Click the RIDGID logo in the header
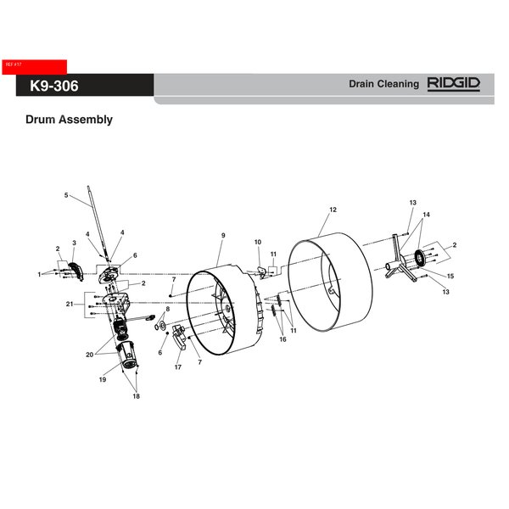pos(454,84)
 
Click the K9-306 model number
pos(54,86)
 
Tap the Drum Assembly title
pos(70,120)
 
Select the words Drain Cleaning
pos(384,84)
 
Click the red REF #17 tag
pos(35,67)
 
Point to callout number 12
pos(333,210)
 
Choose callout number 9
pos(223,235)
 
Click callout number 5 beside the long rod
pos(66,195)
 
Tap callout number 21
pos(70,305)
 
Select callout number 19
pos(103,379)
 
